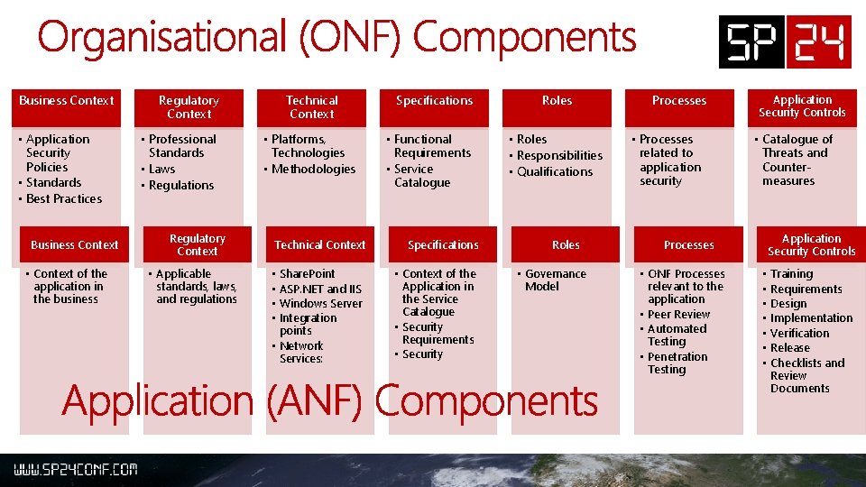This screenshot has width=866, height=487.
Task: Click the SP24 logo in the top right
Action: (x=784, y=41)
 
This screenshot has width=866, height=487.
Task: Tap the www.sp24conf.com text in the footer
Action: (x=75, y=470)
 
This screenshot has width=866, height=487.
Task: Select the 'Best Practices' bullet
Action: (x=63, y=198)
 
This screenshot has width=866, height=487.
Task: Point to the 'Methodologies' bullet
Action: (x=313, y=169)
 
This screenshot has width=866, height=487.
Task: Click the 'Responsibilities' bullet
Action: (x=559, y=155)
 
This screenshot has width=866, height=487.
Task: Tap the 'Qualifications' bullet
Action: (x=555, y=171)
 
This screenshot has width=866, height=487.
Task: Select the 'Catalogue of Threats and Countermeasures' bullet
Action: (x=796, y=160)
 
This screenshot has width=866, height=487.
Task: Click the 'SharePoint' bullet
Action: (x=307, y=273)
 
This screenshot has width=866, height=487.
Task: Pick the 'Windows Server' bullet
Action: (x=320, y=303)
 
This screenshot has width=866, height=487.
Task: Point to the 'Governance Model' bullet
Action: (x=554, y=280)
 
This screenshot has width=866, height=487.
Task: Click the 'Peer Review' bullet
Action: (x=678, y=314)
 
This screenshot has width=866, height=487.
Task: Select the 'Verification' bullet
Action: (x=799, y=333)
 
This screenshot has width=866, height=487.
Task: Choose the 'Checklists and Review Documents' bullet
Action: (x=806, y=375)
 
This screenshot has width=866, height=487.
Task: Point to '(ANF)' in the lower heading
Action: (x=316, y=400)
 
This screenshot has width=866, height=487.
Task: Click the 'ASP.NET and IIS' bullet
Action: (x=320, y=289)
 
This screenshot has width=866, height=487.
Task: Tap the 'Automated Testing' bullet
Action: (x=677, y=335)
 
